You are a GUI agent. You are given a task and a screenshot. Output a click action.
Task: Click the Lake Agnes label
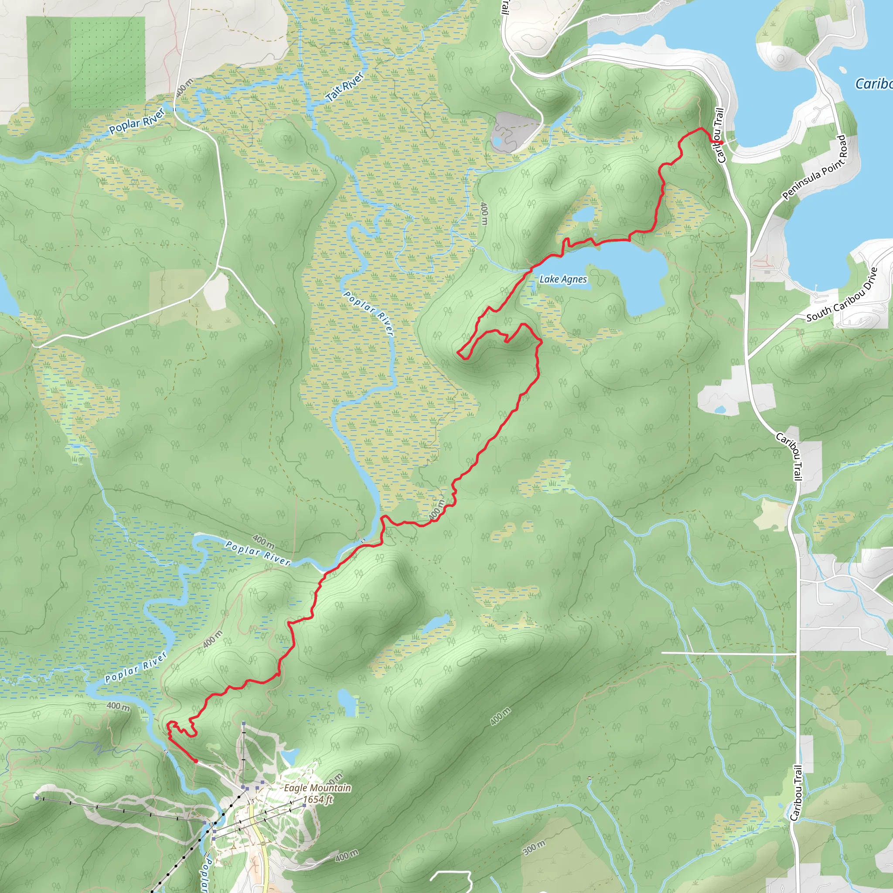tap(563, 279)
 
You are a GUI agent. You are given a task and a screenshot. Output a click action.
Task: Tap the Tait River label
tap(345, 86)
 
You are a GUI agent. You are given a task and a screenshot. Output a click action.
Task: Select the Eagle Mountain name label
tap(317, 787)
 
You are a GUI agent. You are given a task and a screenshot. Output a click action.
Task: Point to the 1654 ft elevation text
tap(317, 799)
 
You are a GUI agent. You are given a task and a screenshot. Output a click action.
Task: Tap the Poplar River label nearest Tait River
tap(137, 121)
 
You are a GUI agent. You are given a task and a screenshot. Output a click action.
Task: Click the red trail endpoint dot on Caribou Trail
tap(721, 142)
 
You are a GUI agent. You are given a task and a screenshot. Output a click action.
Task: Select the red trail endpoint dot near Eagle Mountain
tap(196, 761)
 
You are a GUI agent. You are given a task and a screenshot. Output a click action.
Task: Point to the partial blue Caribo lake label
tap(873, 84)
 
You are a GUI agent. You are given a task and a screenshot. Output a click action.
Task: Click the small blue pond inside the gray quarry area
tap(498, 140)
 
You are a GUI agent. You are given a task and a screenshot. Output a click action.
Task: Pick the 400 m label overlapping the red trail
tap(436, 509)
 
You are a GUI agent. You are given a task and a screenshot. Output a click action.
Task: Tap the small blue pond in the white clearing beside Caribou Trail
tap(719, 409)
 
